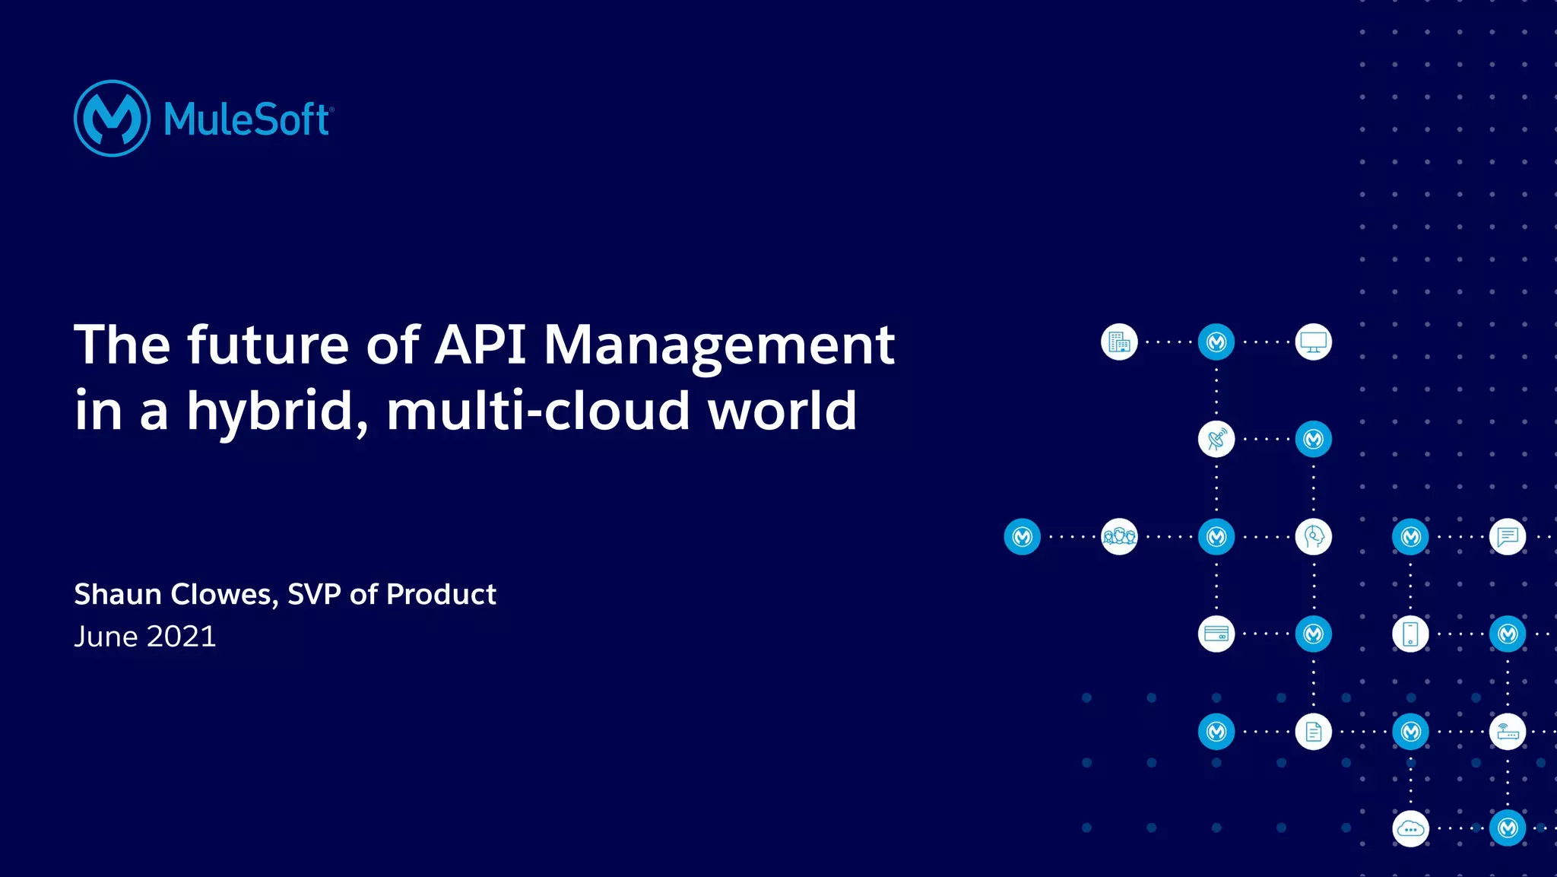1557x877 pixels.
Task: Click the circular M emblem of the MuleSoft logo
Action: coord(112,119)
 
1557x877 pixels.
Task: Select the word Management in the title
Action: coord(719,346)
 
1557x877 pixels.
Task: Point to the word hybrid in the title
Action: coord(278,411)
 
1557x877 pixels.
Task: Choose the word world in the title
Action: coord(782,411)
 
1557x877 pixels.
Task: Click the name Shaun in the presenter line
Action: coord(117,594)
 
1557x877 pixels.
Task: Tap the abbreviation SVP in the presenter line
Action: coord(314,594)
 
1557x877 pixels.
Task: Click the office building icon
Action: coord(1119,342)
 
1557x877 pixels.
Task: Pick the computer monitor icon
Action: coord(1313,342)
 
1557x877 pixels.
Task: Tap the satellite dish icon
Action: coord(1216,440)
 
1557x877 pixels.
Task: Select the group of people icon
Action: coord(1119,537)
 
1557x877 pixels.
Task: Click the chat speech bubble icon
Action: coord(1508,537)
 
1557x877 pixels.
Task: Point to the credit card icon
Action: coord(1216,634)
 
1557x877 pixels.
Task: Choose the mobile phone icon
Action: coord(1410,634)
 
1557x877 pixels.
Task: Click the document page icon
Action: coord(1313,732)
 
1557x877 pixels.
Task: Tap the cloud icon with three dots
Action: coord(1410,829)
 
